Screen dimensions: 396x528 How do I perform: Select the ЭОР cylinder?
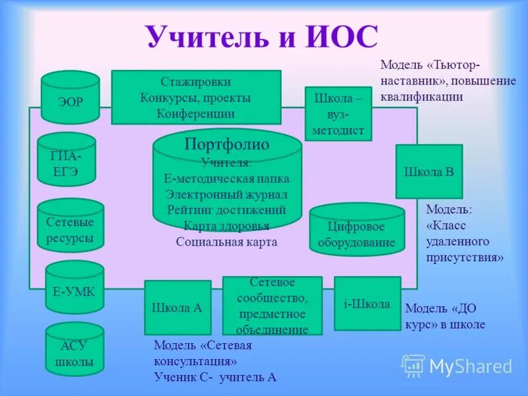point(70,99)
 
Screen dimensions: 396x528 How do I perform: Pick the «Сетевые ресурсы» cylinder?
point(70,228)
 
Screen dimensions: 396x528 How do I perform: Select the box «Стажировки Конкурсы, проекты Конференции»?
point(196,98)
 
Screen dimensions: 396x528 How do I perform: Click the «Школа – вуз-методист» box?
point(339,114)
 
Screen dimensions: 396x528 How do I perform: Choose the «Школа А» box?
point(177,308)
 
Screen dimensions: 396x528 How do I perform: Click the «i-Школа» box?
point(367,304)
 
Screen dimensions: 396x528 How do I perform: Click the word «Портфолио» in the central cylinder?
point(226,143)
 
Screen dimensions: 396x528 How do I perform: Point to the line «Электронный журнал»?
point(226,195)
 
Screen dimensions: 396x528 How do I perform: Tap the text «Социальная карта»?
point(226,242)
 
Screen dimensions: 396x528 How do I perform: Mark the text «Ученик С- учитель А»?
point(215,377)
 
